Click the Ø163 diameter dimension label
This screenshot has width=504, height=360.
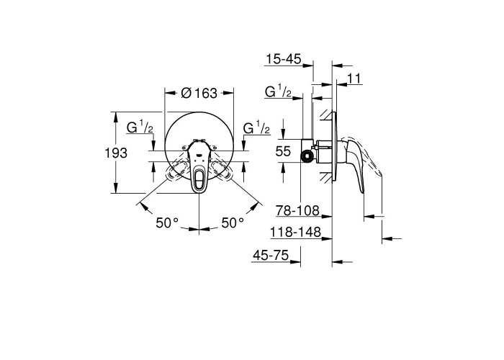click(x=199, y=93)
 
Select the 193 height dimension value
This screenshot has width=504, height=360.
click(x=116, y=153)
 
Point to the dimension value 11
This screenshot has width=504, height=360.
click(x=354, y=78)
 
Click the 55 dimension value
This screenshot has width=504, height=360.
click(x=283, y=151)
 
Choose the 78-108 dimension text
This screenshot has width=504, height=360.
click(x=297, y=211)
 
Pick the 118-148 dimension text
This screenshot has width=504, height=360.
click(x=295, y=232)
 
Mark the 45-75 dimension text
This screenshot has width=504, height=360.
click(x=271, y=256)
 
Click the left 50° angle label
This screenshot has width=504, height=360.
click(x=167, y=222)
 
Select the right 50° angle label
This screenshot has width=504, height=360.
click(x=233, y=222)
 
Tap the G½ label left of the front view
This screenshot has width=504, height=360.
click(x=140, y=127)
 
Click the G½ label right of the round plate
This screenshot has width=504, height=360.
click(x=256, y=127)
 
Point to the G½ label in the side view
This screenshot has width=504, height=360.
click(x=278, y=91)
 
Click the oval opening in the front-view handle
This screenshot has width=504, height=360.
click(x=199, y=179)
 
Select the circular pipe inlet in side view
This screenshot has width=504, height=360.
click(x=307, y=156)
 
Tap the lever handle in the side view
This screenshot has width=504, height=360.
click(x=355, y=164)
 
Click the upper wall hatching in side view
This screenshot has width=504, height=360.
click(x=326, y=115)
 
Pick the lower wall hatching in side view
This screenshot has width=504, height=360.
click(x=326, y=177)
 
